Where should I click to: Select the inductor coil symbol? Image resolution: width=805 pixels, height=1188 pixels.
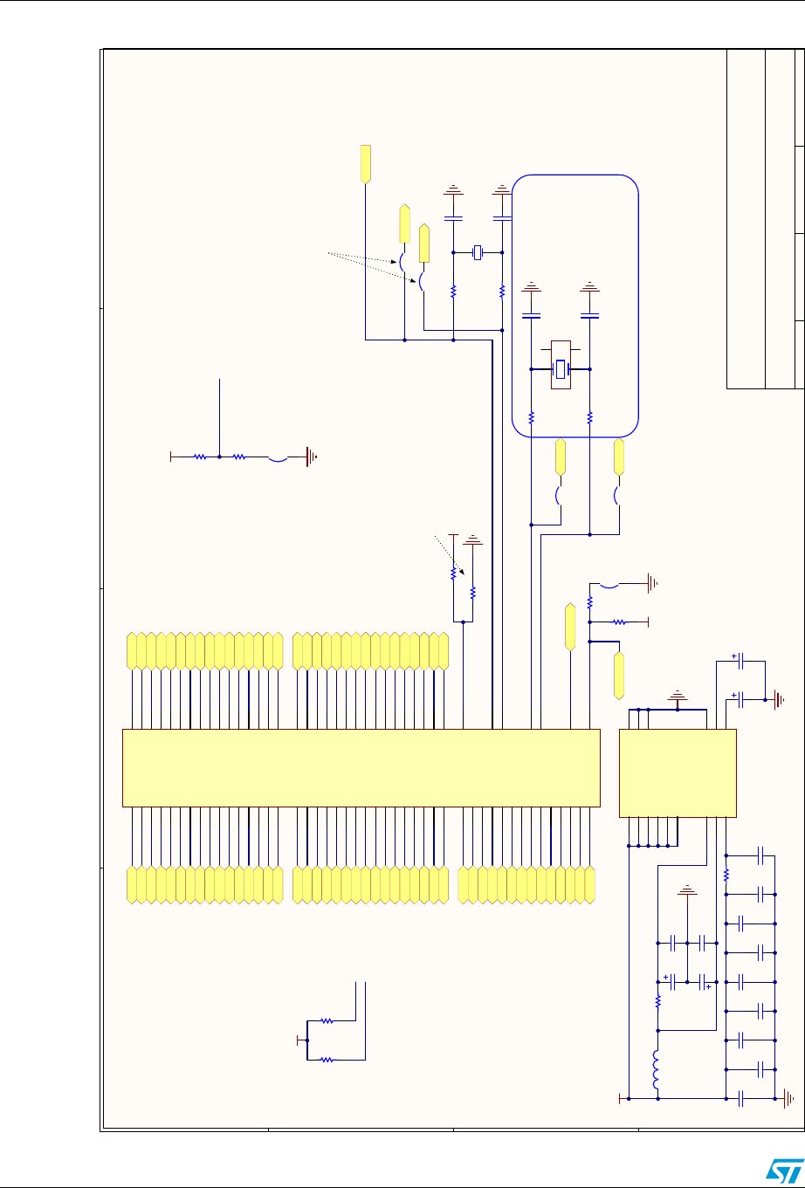[x=657, y=1071]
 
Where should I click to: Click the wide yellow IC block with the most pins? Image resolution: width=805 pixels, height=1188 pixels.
[x=361, y=768]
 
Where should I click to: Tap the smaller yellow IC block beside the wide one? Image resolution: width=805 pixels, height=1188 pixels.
[x=678, y=773]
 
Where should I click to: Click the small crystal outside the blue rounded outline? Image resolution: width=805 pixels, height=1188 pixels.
[x=478, y=252]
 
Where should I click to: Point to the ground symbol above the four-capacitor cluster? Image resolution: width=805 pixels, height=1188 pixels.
[x=687, y=891]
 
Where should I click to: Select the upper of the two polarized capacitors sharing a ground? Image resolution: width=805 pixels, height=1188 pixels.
[x=741, y=663]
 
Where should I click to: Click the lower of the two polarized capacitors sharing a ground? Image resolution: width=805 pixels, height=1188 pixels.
[x=741, y=699]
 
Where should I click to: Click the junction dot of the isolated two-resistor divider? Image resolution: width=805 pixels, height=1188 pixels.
[x=219, y=456]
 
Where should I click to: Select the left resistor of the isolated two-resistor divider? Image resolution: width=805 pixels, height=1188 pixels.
[x=200, y=456]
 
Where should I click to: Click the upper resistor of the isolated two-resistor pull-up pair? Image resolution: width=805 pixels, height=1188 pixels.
[x=327, y=1020]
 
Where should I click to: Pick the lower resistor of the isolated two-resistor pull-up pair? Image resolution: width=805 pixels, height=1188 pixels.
[x=327, y=1060]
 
